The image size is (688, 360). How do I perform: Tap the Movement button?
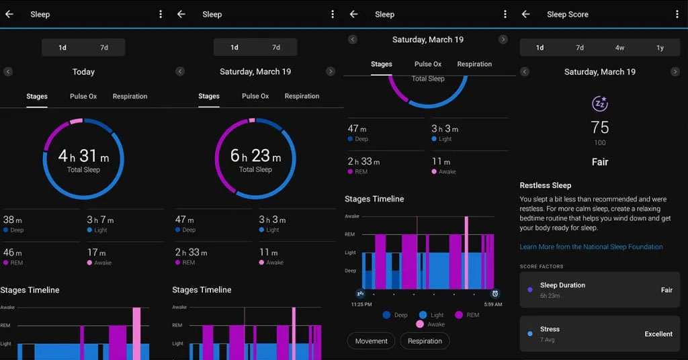[x=371, y=341]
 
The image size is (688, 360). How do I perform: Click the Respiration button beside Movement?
[x=425, y=341]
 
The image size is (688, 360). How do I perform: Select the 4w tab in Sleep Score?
[x=619, y=48]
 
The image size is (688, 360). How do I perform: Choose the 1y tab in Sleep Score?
[x=660, y=48]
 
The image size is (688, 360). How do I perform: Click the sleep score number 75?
[x=600, y=128]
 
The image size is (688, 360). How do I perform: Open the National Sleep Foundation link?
[x=591, y=247]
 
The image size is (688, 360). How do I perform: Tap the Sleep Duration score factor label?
[x=562, y=285]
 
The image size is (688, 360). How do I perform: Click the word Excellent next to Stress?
[x=658, y=334]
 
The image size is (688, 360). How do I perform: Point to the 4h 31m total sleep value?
[x=83, y=156]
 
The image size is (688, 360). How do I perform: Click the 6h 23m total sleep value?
[x=255, y=156]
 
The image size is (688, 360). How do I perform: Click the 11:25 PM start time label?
[x=361, y=304]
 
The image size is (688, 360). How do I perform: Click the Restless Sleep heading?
[x=546, y=185]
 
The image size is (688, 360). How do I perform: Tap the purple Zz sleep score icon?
[x=600, y=103]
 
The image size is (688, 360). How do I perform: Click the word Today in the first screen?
[x=83, y=72]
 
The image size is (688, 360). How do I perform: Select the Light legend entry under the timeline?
[x=432, y=314]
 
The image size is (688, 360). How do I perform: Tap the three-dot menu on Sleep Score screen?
[x=677, y=14]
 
